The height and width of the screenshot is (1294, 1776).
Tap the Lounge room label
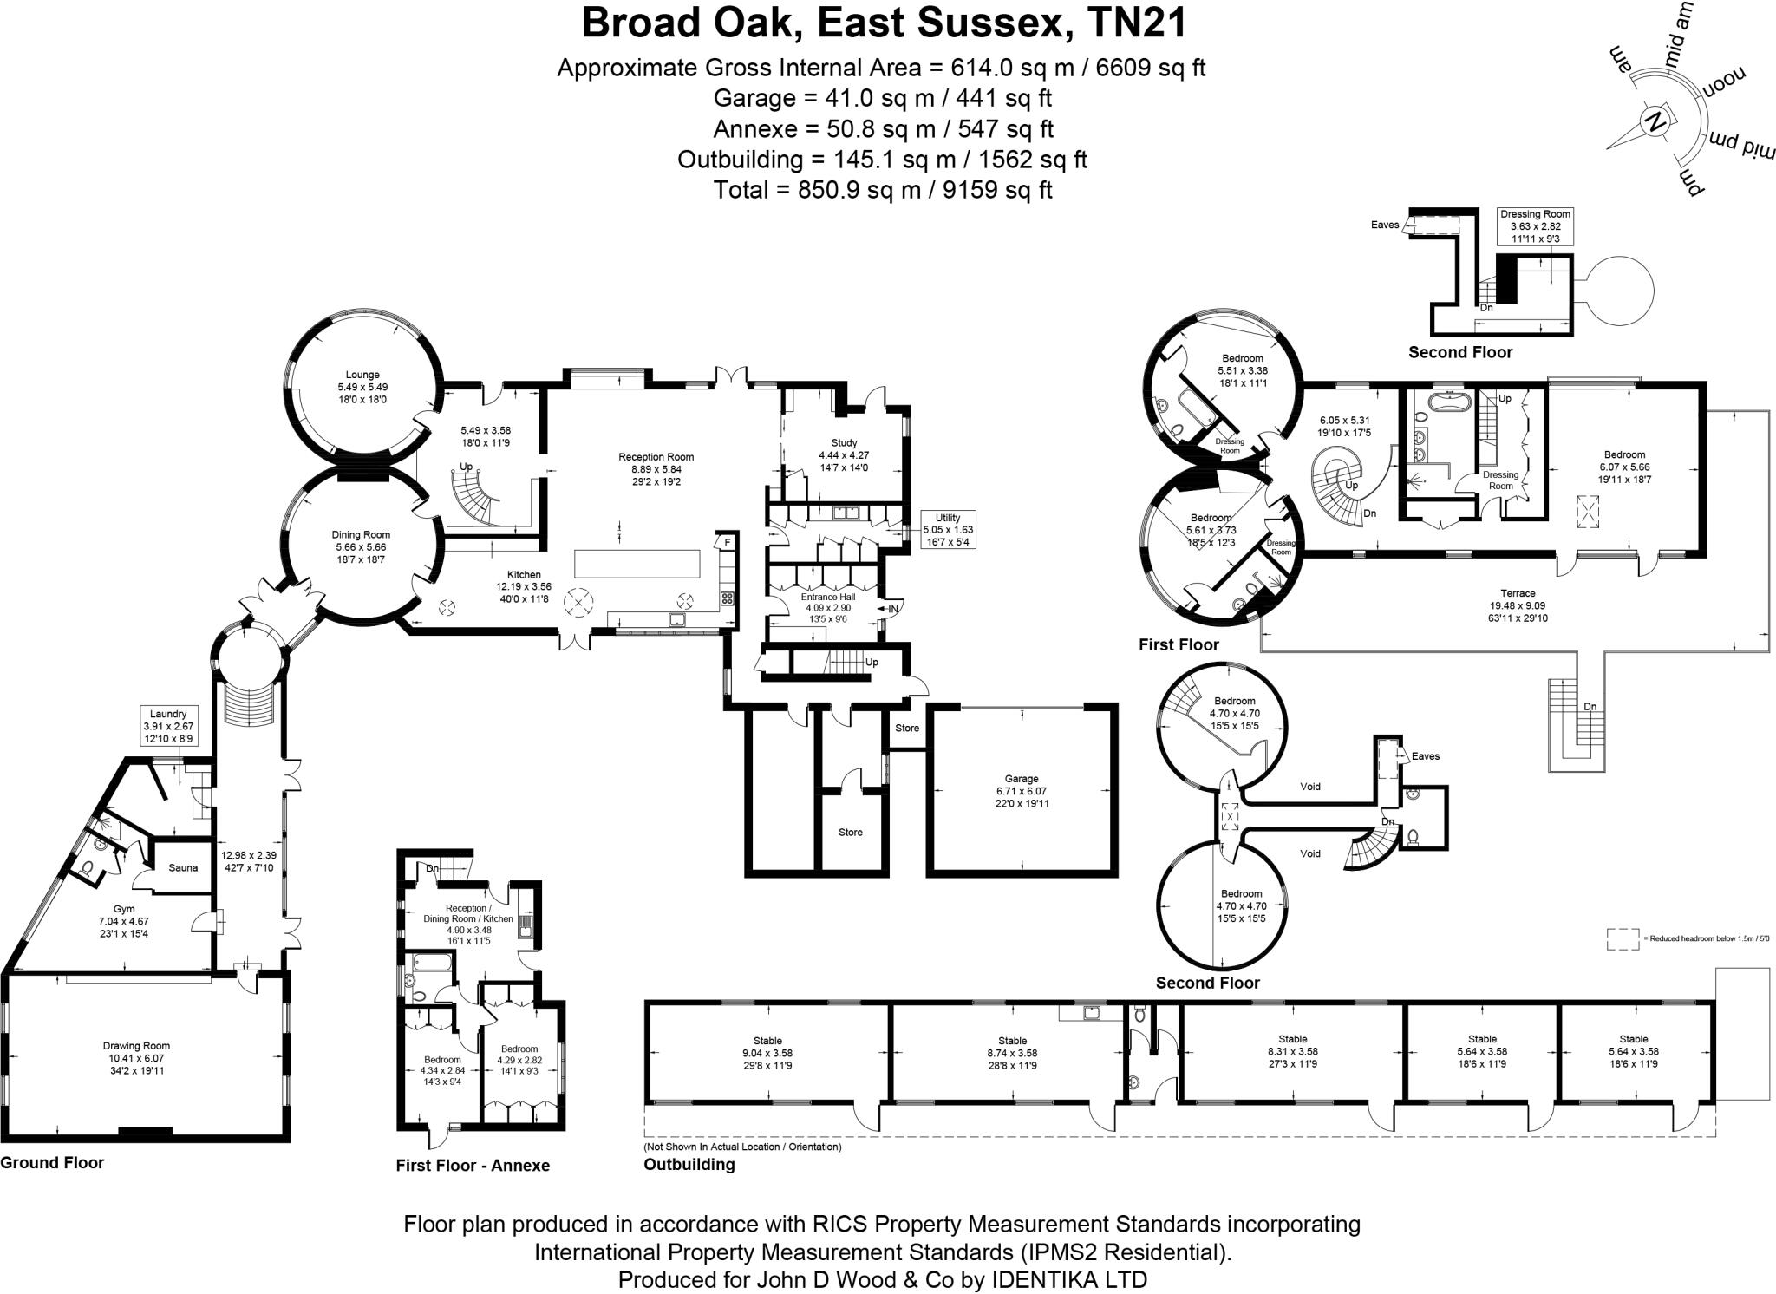[x=362, y=375]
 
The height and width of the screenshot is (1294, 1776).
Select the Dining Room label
[x=361, y=535]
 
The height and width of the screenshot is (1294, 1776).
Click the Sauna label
[x=183, y=867]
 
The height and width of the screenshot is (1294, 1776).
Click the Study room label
[x=843, y=443]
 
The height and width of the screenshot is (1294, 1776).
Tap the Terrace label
[x=1518, y=593]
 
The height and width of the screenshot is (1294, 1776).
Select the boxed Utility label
[x=948, y=518]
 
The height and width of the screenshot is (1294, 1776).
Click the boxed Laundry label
[x=168, y=714]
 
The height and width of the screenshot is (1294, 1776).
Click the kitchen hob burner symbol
[x=728, y=598]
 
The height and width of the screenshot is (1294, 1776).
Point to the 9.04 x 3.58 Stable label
[x=767, y=1041]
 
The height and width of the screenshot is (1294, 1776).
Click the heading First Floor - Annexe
[x=473, y=1166]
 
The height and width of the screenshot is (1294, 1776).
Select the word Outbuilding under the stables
[x=689, y=1165]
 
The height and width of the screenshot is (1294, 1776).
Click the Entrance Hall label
[x=828, y=597]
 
